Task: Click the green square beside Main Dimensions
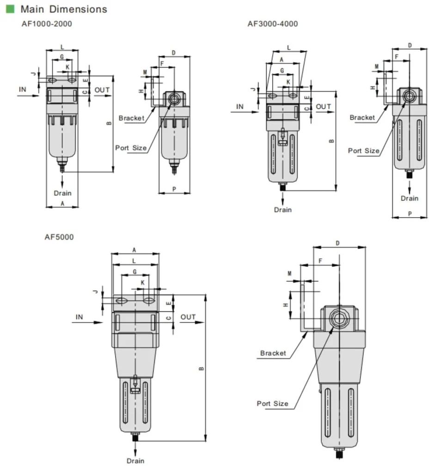pos(10,9)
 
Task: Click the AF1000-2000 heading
pos(47,24)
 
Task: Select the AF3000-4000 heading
pos(273,24)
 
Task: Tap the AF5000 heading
pos(59,237)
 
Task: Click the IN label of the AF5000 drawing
pos(80,317)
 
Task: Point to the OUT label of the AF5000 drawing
pos(188,317)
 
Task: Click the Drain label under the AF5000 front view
pos(135,461)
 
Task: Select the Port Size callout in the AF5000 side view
pos(272,403)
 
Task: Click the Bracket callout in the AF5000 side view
pos(273,353)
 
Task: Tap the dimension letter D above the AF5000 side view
pos(338,243)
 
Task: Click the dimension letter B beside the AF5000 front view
pos(201,368)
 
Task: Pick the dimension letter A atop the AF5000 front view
pos(135,250)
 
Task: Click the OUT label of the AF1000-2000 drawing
pos(102,90)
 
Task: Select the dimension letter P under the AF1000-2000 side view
pos(174,189)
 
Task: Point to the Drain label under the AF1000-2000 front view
pos(62,193)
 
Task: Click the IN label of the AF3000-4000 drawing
pos(239,107)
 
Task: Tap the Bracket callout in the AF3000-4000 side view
pos(362,117)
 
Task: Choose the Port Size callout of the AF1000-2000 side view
pos(131,148)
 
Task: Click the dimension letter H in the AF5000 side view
pos(286,304)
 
